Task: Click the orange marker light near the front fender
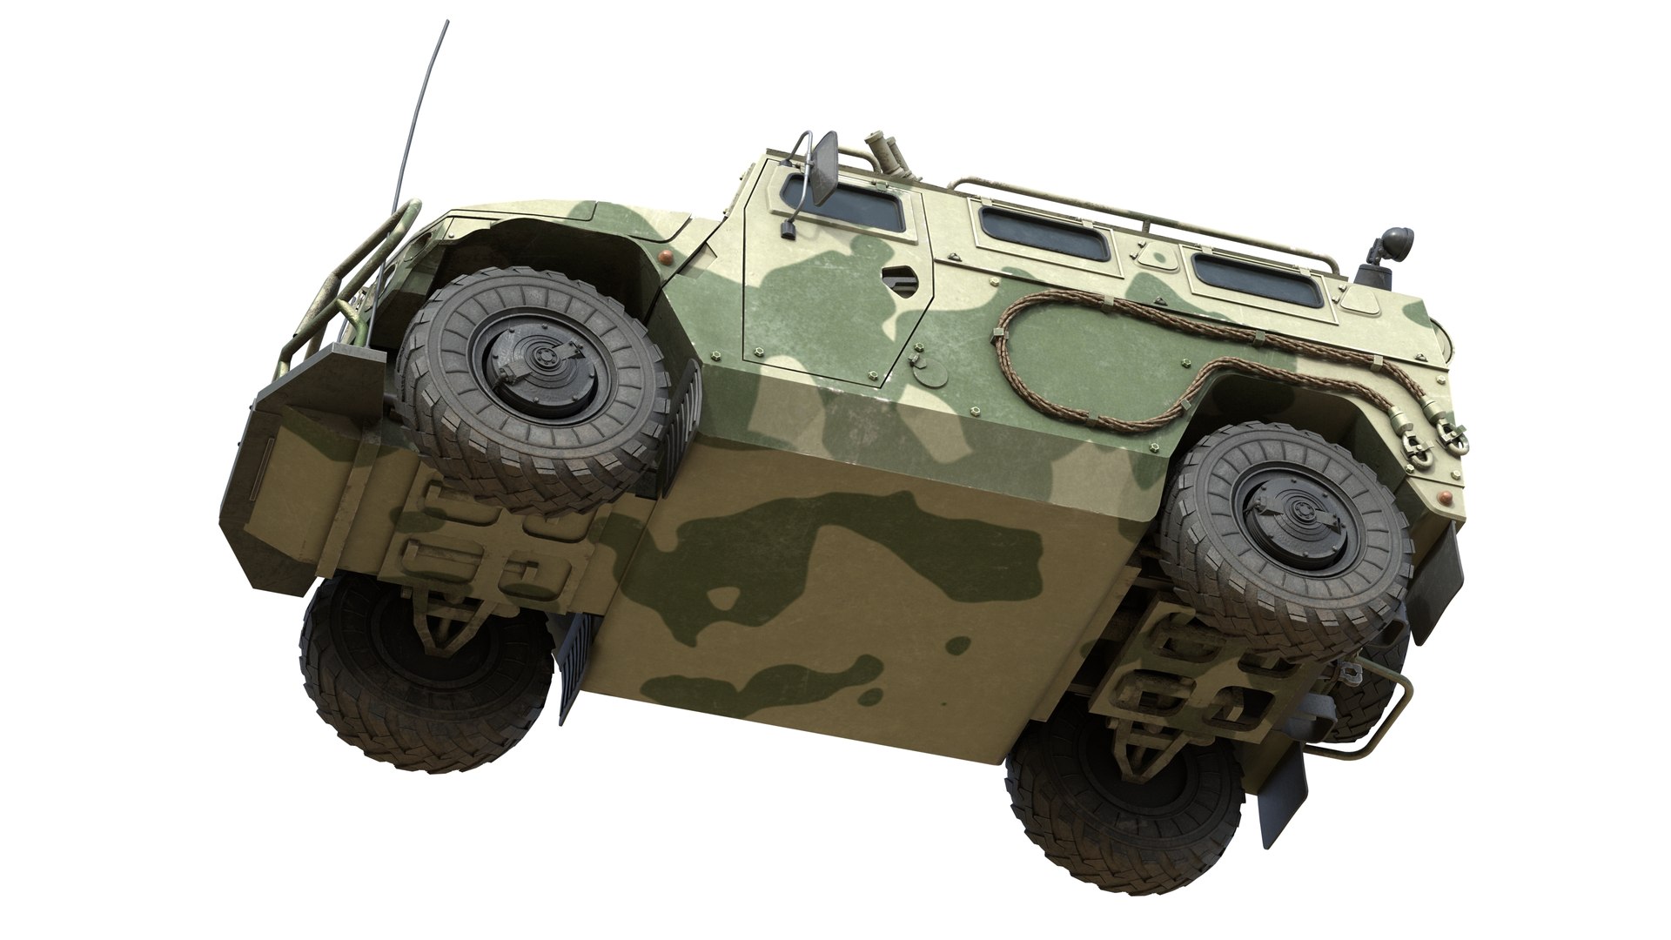coord(666,256)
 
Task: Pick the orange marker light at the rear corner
coord(1446,497)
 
